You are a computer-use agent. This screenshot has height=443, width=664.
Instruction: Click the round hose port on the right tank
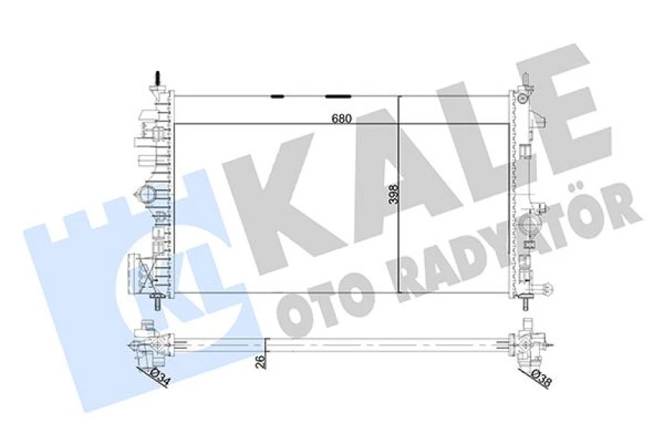point(531,226)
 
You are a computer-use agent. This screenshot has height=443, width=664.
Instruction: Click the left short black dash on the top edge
point(278,96)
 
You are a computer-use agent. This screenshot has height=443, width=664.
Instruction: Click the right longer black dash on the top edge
point(339,96)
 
